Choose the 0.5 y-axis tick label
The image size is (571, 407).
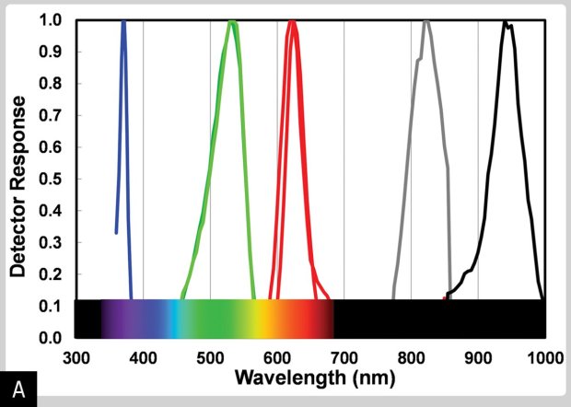tap(52, 179)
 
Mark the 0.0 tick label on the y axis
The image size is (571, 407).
tap(52, 338)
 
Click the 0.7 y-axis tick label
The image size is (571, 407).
tap(52, 115)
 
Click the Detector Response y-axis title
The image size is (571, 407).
tap(17, 178)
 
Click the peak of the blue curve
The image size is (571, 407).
tap(123, 21)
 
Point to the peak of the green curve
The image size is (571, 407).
tap(233, 22)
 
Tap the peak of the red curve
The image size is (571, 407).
tap(293, 22)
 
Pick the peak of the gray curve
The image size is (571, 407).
tap(426, 21)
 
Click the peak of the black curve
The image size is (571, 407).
tap(505, 22)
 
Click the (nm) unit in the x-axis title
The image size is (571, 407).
tap(364, 378)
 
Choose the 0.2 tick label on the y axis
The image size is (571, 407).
tap(52, 274)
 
